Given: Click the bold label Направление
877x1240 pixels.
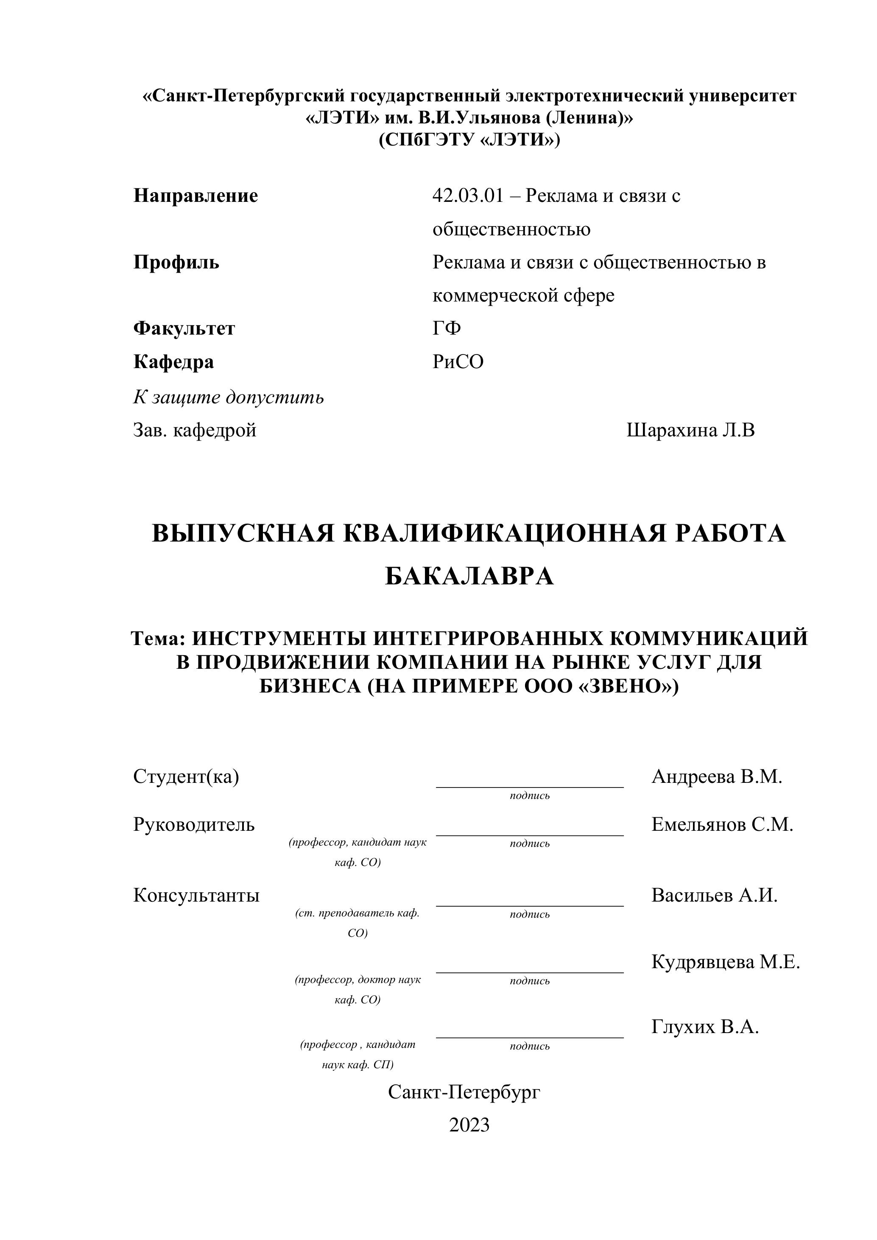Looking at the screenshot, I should [196, 195].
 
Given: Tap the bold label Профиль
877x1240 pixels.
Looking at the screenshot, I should [176, 263].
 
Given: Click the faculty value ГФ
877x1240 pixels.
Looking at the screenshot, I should [447, 328].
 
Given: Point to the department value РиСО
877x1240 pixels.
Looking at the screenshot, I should [458, 361].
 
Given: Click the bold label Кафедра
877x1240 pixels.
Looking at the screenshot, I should [173, 361].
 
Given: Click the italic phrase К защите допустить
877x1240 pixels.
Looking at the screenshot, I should [229, 397].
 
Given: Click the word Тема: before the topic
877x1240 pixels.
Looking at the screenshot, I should [158, 638].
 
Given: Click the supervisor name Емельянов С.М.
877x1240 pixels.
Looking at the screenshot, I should [722, 824].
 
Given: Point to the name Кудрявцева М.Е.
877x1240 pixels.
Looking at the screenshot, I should [725, 961].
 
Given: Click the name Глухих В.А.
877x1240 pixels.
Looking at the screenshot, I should [705, 1027].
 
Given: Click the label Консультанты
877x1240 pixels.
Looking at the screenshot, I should [196, 895].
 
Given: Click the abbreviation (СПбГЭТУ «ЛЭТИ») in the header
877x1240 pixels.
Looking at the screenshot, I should [469, 140].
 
